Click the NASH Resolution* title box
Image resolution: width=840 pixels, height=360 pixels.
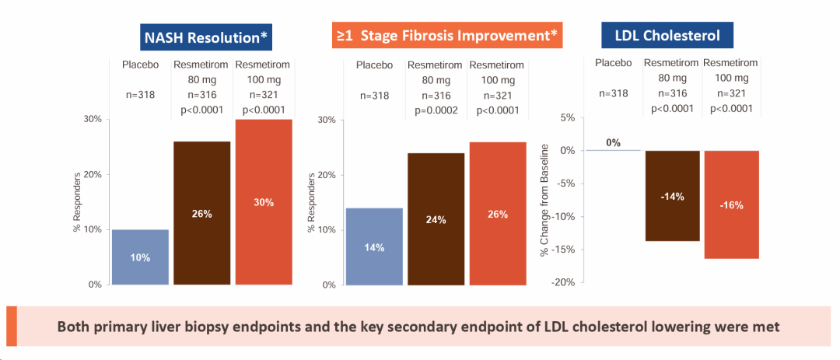click(x=209, y=37)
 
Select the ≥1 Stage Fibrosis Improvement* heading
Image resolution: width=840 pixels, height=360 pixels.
click(x=446, y=36)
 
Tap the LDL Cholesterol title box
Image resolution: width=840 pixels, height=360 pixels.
click(x=667, y=36)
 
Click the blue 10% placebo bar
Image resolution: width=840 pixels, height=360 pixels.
click(x=140, y=257)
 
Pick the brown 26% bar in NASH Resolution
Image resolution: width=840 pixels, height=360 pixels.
click(x=202, y=213)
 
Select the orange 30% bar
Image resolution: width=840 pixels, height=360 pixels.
click(x=264, y=202)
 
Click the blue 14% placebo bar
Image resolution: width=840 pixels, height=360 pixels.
click(x=375, y=246)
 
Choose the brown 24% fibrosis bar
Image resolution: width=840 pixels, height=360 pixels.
click(x=436, y=219)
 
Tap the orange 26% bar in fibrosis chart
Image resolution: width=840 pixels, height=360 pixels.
click(x=497, y=214)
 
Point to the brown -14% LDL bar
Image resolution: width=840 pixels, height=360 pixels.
click(x=672, y=196)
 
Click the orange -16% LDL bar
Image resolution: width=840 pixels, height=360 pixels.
click(x=731, y=204)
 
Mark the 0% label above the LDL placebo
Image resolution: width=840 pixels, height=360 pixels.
click(x=614, y=142)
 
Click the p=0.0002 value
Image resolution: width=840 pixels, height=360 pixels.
click(x=436, y=110)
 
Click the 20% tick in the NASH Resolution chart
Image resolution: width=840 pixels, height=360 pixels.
click(x=93, y=175)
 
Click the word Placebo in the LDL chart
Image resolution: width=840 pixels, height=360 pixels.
click(x=614, y=62)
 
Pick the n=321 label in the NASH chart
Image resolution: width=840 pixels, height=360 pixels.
click(x=264, y=95)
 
